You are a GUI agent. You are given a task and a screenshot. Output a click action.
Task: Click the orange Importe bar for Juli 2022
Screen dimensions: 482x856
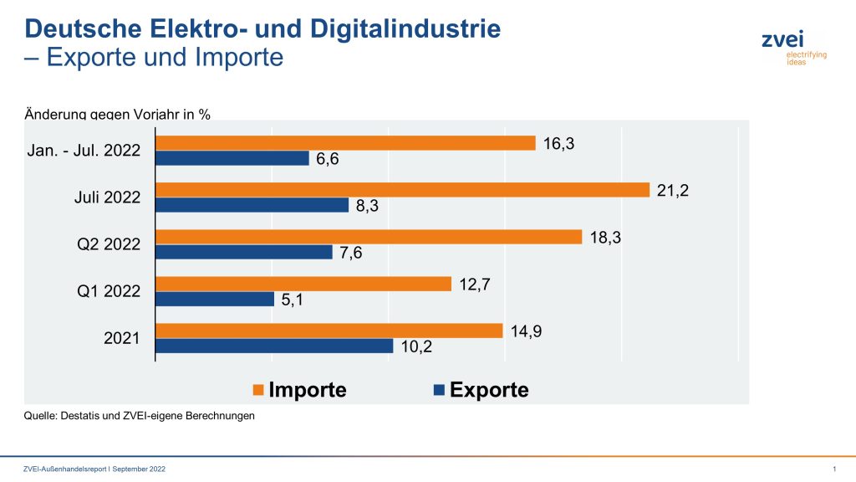click(403, 190)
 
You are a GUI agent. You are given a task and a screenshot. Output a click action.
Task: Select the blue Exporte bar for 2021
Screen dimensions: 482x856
click(275, 346)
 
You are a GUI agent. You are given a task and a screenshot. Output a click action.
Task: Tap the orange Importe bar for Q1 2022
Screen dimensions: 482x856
click(304, 284)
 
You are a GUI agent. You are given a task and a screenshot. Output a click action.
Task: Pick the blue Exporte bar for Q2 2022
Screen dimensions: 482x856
click(245, 252)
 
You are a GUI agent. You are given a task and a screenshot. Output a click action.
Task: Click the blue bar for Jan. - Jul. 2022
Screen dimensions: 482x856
click(233, 158)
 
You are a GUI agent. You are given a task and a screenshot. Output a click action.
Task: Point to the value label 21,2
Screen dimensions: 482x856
click(672, 191)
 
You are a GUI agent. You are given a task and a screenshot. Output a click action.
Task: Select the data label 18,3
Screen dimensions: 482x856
click(604, 238)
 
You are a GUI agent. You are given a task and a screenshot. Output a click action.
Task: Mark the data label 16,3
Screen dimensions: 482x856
click(558, 144)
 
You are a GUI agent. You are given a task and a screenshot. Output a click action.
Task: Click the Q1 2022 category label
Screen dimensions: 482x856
click(109, 291)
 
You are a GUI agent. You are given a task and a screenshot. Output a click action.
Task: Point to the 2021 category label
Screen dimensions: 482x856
click(123, 338)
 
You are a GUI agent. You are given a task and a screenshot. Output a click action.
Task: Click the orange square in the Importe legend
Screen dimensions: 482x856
click(258, 390)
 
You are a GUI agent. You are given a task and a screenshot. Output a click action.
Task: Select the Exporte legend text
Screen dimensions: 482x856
click(489, 390)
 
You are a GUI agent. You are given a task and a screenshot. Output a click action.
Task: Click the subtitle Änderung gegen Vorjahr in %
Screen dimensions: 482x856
click(118, 114)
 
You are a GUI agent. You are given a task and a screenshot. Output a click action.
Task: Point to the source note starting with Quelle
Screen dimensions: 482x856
click(139, 415)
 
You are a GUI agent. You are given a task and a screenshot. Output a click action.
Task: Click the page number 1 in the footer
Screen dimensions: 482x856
click(834, 469)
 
